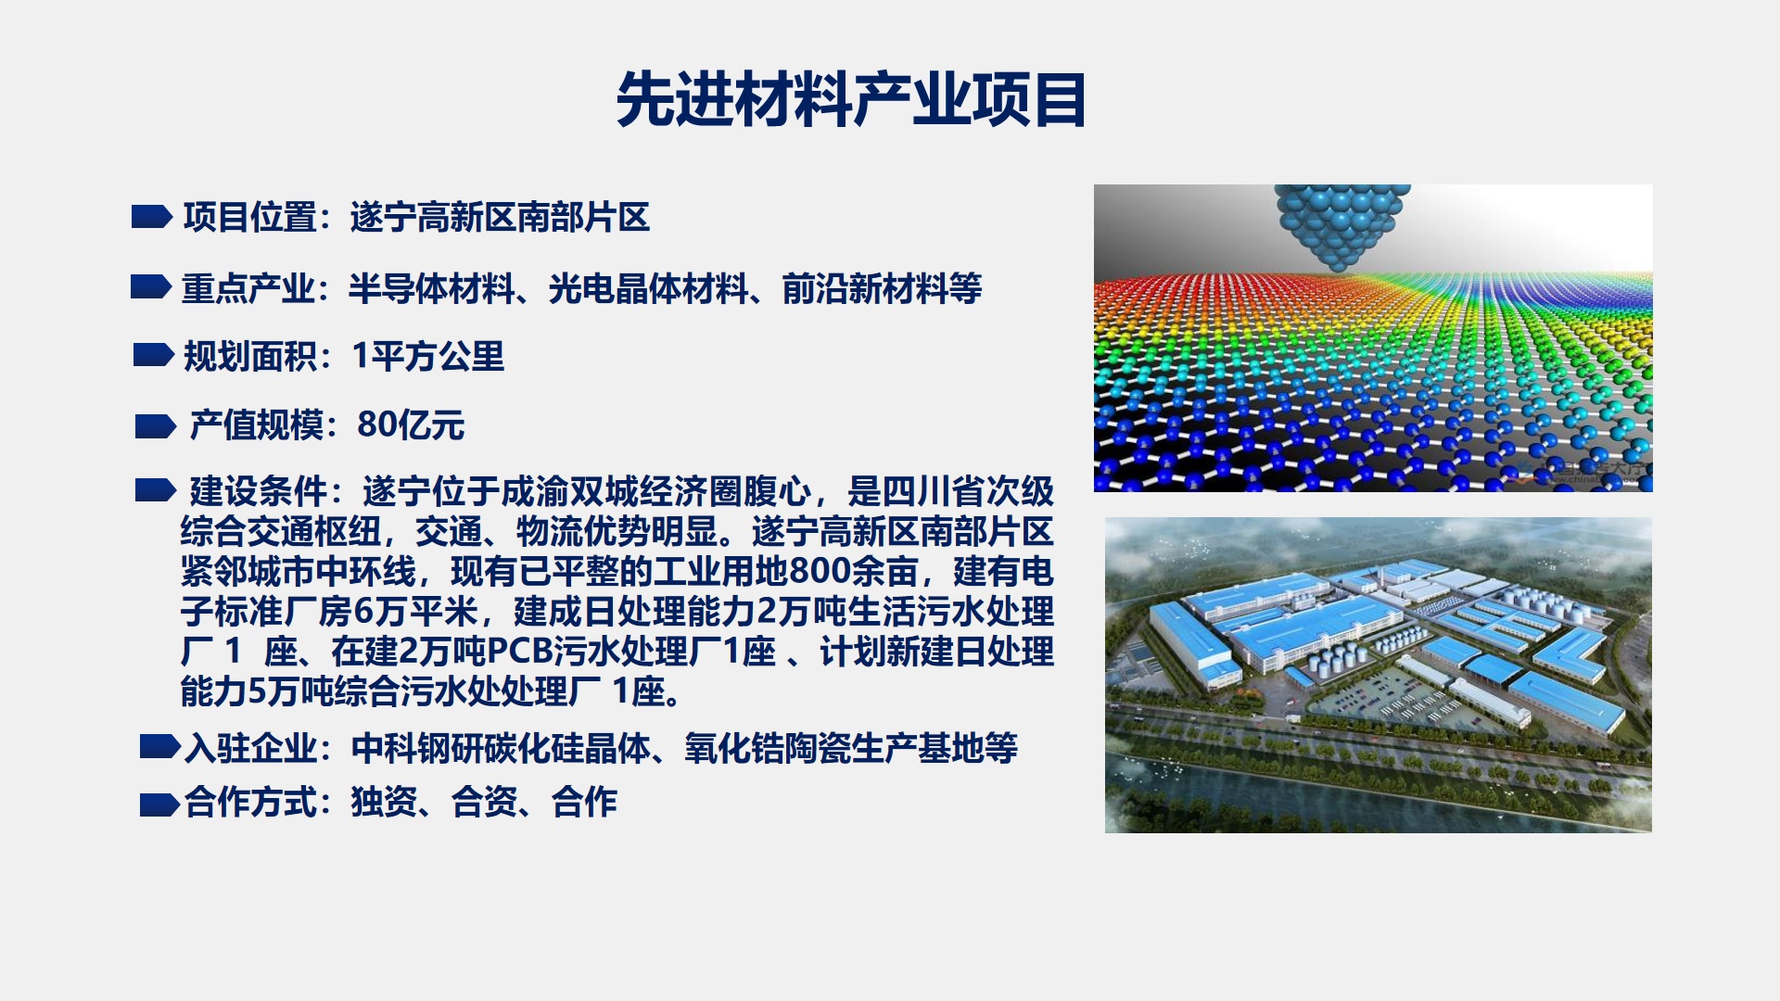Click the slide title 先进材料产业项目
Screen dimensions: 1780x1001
tap(851, 99)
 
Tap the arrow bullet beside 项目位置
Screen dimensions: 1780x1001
tap(152, 217)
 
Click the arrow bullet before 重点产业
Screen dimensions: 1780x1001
tap(151, 287)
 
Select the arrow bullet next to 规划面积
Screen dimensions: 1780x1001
tap(154, 355)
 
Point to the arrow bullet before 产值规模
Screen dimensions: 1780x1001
tap(156, 426)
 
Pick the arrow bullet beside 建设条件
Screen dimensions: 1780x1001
tap(156, 490)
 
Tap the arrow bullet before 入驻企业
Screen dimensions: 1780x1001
tap(160, 746)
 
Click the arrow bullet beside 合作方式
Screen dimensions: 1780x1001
tap(160, 805)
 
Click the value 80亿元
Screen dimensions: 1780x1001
tap(411, 424)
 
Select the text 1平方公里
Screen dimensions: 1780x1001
tap(428, 356)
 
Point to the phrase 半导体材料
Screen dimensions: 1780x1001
tap(432, 289)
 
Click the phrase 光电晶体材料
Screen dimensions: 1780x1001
tap(649, 289)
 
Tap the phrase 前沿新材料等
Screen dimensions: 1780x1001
tap(883, 289)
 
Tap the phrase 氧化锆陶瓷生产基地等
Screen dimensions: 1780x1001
tap(851, 748)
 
